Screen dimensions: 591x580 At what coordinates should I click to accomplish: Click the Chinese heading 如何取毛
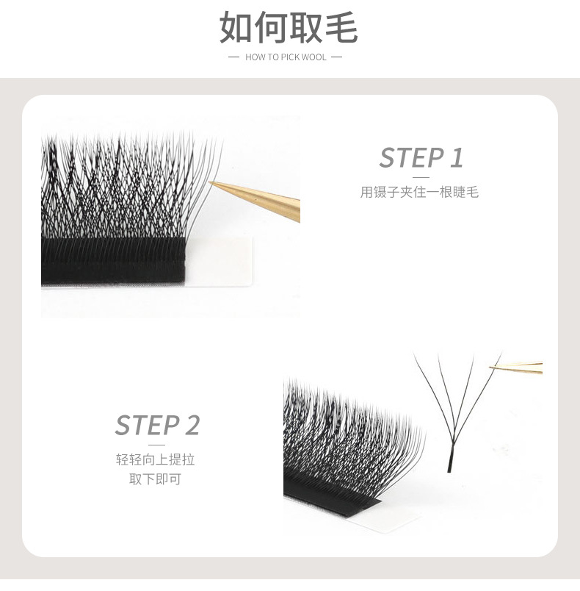[x=289, y=28]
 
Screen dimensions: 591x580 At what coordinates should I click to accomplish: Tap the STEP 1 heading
[x=421, y=157]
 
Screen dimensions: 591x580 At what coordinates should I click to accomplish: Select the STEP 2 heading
[x=157, y=425]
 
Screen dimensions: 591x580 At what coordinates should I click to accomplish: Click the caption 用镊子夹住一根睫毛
[x=419, y=193]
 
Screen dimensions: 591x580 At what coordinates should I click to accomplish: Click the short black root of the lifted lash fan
[x=449, y=463]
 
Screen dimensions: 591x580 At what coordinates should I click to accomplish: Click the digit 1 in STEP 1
[x=456, y=157]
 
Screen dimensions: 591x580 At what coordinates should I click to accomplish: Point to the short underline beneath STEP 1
[x=421, y=177]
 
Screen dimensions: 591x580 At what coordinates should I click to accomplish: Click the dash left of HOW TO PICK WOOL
[x=234, y=57]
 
